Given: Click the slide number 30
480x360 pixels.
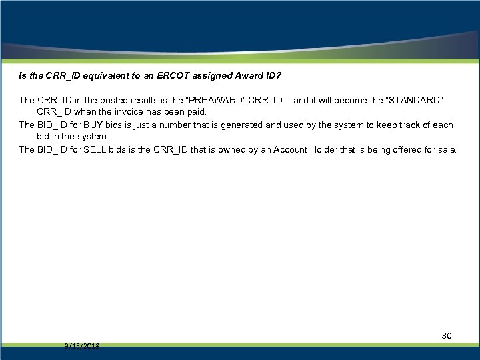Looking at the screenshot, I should point(447,335).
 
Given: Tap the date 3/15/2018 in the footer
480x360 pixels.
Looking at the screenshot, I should point(82,346).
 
